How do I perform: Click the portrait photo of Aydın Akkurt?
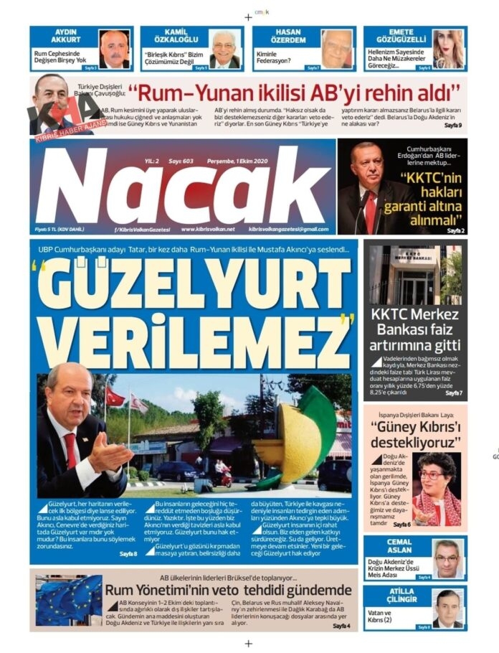point(113,49)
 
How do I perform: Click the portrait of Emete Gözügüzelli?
point(448,49)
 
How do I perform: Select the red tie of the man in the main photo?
point(70,450)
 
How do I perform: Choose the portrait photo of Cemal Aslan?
point(448,558)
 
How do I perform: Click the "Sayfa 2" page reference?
point(456,231)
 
